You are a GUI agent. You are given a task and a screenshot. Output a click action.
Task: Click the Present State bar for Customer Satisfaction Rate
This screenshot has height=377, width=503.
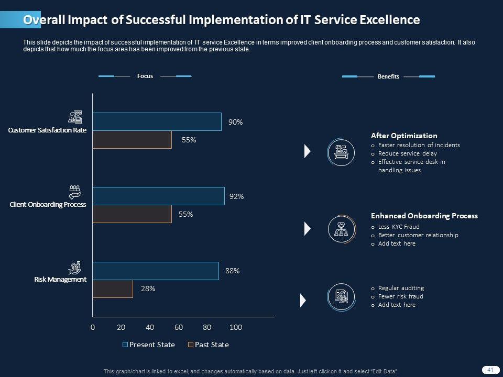157,121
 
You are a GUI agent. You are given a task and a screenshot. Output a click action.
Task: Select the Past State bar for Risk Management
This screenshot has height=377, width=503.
113,289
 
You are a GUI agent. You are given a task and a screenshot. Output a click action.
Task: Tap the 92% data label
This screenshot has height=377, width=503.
237,196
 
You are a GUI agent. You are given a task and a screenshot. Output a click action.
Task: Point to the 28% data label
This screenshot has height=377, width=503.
148,289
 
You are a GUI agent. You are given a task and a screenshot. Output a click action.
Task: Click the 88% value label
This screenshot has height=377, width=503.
232,271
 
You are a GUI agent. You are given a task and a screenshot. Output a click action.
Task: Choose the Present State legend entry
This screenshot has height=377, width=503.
149,345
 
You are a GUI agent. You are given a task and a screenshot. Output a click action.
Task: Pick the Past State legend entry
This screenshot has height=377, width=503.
209,345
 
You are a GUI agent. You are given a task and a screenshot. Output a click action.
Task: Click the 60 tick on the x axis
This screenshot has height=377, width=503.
179,327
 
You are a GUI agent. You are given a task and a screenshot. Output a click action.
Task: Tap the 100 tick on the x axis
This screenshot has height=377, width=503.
236,327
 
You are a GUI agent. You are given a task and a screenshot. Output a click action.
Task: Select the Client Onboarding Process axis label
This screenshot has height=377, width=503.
48,205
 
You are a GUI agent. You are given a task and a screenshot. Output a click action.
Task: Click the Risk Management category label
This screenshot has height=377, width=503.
60,280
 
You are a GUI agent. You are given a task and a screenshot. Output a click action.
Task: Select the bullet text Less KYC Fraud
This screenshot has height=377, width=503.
399,227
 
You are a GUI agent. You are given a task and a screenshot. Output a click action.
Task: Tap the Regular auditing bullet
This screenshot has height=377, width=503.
401,288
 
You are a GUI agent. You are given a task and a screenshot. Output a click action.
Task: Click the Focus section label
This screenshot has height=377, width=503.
145,76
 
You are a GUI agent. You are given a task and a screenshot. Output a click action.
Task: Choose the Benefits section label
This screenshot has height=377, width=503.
388,76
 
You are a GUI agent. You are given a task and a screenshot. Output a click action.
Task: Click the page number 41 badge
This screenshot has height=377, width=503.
490,370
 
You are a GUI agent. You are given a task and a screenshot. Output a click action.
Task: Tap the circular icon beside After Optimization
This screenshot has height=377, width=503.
341,152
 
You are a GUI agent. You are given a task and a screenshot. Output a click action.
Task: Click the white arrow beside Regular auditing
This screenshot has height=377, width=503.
303,301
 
